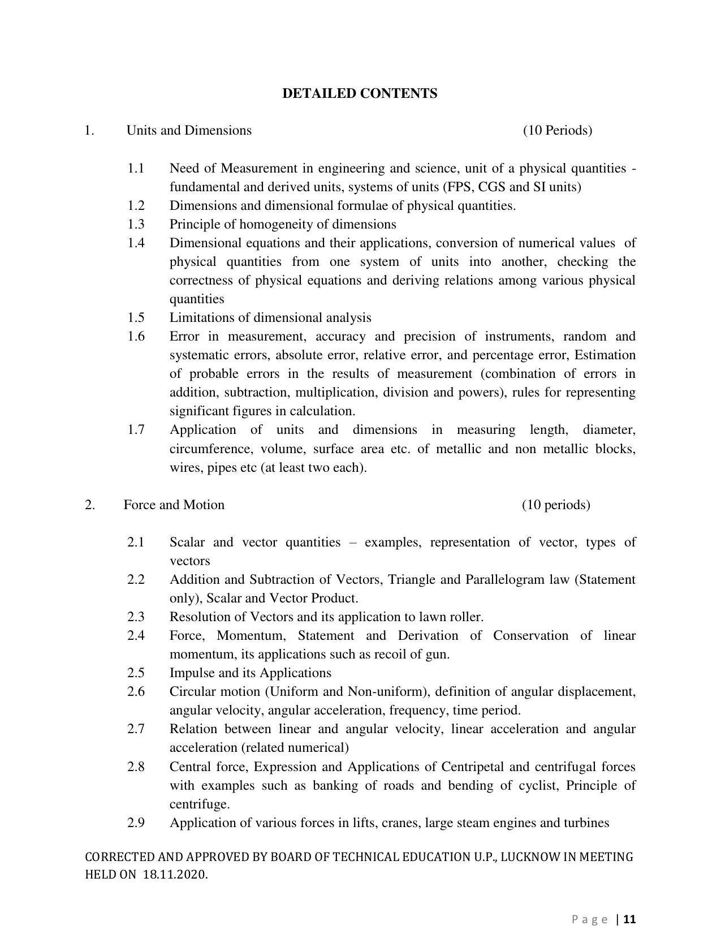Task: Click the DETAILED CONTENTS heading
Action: click(360, 93)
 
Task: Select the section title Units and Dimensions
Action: click(189, 131)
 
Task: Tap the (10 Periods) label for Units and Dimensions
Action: click(557, 131)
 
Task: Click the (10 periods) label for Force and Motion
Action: click(555, 505)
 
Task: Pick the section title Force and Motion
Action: click(174, 505)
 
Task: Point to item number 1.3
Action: click(136, 225)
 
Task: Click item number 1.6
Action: click(136, 337)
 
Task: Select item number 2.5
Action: click(136, 673)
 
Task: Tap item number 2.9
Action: click(136, 823)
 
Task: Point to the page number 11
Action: click(630, 919)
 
